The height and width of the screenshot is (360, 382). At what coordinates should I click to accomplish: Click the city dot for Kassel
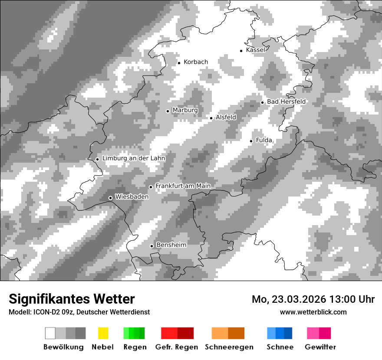241,51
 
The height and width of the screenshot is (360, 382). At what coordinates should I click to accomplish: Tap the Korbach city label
196,62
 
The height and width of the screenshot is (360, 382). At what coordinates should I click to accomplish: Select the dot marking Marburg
168,111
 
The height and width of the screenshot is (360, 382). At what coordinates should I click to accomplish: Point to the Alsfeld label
226,117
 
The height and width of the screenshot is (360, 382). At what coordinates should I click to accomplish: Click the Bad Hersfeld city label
286,101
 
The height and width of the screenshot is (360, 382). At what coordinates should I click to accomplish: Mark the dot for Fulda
251,141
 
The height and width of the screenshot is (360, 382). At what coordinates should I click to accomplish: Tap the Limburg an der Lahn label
133,158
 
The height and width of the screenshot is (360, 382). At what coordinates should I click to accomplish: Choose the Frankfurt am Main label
183,186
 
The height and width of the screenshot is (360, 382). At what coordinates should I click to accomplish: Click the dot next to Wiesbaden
111,198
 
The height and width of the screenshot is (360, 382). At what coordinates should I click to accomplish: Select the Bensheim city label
171,245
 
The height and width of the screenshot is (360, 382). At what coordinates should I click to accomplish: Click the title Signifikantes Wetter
72,299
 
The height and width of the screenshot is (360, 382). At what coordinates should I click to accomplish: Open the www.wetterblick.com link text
313,312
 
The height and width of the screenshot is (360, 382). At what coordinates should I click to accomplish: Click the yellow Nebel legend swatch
103,333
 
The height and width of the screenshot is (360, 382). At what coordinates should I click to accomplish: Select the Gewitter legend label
320,347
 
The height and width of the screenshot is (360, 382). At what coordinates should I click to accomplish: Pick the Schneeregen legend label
229,347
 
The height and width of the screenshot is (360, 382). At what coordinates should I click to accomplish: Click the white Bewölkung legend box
50,333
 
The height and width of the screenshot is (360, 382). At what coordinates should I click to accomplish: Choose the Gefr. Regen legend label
177,347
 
